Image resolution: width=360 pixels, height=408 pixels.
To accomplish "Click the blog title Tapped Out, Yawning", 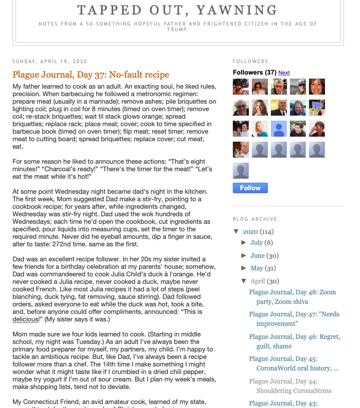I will pos(177,10).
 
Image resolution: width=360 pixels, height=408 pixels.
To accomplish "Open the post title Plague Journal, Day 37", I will pos(91,75).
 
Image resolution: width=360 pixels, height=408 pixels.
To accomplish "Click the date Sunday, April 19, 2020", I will pos(50,62).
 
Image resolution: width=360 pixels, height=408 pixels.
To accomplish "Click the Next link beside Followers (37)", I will pos(284,73).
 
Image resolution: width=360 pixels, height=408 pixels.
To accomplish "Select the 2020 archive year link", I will pos(250,231).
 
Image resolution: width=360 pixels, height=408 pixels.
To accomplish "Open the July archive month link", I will pos(256,242).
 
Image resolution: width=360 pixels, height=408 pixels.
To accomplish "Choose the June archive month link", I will pos(257,255).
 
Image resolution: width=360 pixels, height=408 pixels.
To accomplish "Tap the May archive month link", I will pos(256,268).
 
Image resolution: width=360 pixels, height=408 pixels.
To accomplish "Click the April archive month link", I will pos(257,281).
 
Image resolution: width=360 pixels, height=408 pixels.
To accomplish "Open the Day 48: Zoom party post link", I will pos(292,297).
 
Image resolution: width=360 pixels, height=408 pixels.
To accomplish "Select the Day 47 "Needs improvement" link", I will pos(294,319).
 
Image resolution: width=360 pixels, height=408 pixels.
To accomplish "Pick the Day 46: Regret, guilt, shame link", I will pos(294,341).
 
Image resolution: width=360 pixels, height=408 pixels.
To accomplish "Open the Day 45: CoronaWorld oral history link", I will pos(294,363).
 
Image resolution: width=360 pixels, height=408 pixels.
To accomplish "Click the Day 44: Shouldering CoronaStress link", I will pos(294,385).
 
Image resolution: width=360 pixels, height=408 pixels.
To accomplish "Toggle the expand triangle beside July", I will pos(244,242).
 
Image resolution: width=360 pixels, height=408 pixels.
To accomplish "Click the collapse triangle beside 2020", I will pos(236,231).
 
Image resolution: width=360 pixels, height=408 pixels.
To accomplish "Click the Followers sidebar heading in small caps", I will pos(250,62).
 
